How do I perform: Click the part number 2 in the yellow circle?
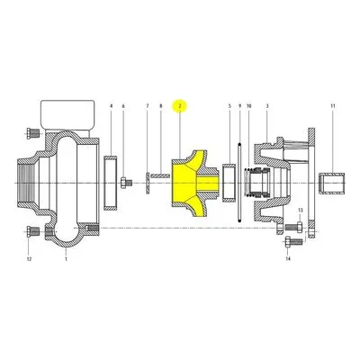[180, 106]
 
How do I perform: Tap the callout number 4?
[111, 106]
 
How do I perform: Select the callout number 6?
[123, 106]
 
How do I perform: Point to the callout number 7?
[148, 106]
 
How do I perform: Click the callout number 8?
[160, 106]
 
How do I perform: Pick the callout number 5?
[229, 106]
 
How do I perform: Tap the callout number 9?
[239, 106]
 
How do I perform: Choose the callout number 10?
[249, 106]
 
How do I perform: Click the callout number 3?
[267, 106]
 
